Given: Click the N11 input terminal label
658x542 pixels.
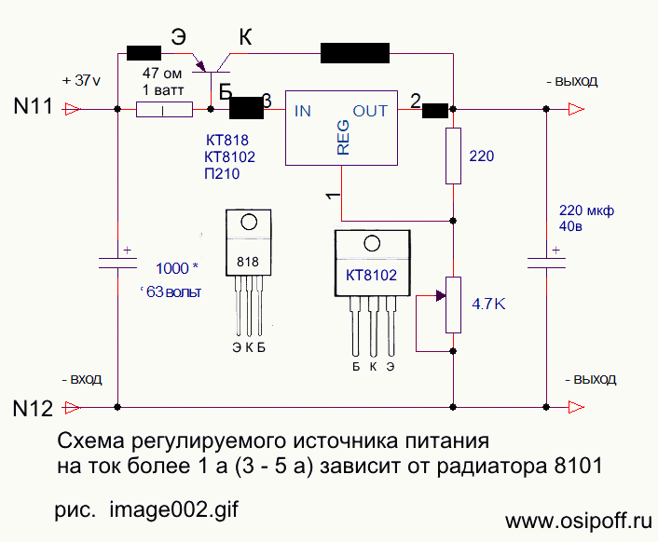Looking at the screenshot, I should coord(33,108).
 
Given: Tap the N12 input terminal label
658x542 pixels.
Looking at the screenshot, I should coord(33,407).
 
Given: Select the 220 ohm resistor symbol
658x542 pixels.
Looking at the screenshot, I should coord(453,156).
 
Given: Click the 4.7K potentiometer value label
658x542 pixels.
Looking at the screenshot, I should coord(489,304).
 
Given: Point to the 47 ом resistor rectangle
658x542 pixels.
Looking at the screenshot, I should coord(164,110).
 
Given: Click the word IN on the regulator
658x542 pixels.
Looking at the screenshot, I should coord(303,111).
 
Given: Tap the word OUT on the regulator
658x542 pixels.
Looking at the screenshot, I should coord(370,111).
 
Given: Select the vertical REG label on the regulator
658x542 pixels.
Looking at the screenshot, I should coord(343,138).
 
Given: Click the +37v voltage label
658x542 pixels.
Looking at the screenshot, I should coord(80,80).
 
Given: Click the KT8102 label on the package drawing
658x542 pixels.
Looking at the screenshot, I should coord(371,276).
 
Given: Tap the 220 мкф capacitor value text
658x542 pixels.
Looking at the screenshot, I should coord(585,210).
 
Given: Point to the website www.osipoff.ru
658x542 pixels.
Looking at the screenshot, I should coord(577,519).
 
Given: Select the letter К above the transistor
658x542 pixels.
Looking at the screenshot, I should coord(246,37).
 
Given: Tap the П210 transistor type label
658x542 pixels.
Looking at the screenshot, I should coord(221,174).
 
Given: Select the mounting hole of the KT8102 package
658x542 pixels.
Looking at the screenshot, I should coord(371,245).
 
